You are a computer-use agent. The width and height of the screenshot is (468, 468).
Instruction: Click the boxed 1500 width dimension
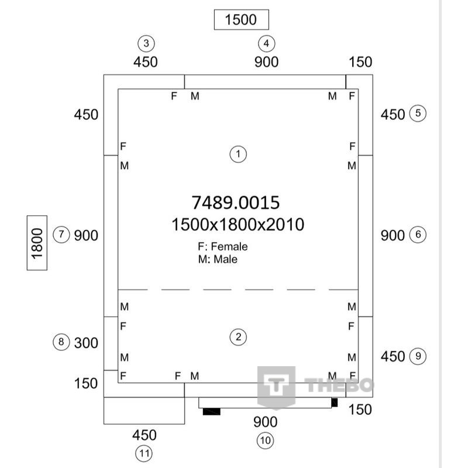click(242, 20)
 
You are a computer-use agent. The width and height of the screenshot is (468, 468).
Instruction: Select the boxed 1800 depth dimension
click(37, 243)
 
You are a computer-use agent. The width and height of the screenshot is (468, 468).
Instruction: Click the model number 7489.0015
click(236, 202)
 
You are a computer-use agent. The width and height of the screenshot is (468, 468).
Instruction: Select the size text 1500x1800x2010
click(238, 225)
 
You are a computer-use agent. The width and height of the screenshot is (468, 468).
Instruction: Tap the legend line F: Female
click(223, 246)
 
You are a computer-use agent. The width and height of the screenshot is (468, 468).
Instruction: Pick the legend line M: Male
click(218, 259)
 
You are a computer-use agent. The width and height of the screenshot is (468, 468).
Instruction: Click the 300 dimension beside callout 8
click(86, 343)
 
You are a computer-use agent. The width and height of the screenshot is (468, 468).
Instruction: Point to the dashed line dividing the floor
click(238, 290)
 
